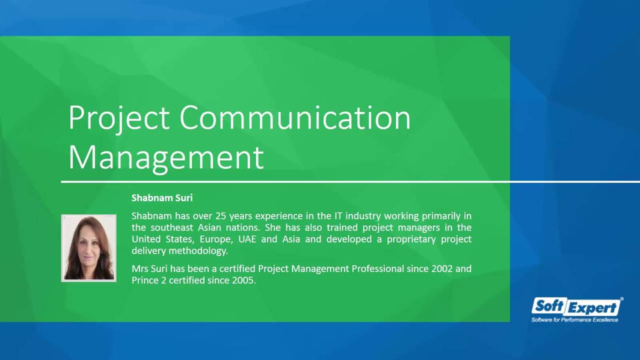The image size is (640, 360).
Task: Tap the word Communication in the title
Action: point(295,118)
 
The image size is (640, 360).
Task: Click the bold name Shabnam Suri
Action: point(162,198)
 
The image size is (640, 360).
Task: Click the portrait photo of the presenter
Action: point(89,248)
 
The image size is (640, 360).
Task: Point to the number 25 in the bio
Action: point(220,216)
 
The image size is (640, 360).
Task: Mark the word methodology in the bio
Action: point(198,250)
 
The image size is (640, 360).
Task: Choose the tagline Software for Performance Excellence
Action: point(574,319)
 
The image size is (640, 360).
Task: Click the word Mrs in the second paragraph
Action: point(139,268)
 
